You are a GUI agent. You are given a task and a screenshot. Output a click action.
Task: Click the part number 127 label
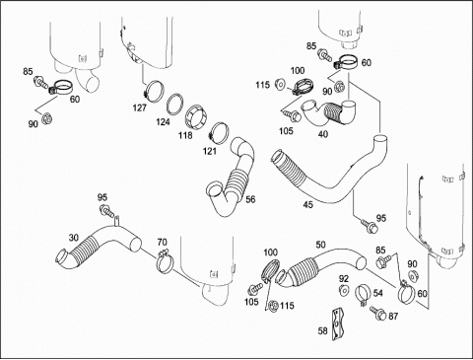tap(140, 108)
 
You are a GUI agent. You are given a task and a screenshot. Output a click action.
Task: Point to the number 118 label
tap(185, 135)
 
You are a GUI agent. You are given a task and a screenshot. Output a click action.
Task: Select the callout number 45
tap(308, 205)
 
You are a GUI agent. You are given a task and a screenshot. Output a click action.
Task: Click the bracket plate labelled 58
tap(337, 324)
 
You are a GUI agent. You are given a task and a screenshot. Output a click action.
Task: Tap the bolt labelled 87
tap(377, 313)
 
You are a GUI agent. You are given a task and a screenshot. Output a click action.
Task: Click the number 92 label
tap(344, 279)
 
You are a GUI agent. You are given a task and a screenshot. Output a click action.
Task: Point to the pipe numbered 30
tap(99, 245)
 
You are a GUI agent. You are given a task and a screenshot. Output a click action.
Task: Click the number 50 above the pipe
tap(320, 245)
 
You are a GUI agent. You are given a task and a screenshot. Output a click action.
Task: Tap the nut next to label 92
tap(344, 290)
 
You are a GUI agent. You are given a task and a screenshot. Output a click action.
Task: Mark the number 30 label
tap(74, 237)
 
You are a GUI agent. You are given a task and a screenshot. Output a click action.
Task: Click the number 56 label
tap(250, 199)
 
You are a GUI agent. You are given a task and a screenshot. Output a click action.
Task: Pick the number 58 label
tap(323, 330)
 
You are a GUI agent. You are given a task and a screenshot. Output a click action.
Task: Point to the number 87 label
tap(393, 317)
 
